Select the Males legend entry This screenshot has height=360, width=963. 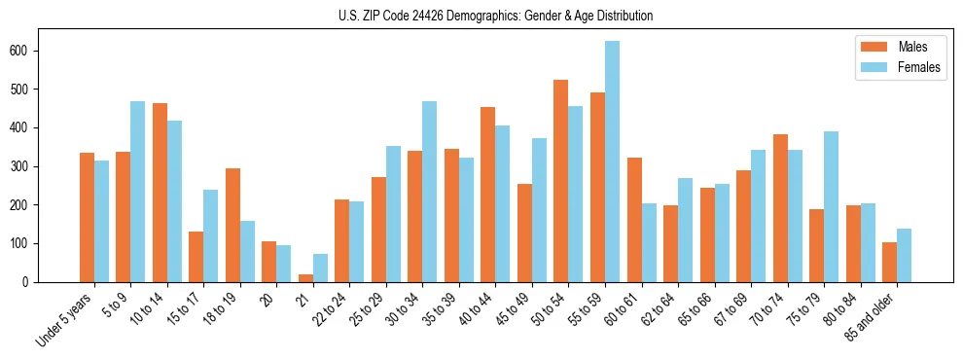point(896,47)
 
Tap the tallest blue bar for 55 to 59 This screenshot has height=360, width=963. point(612,162)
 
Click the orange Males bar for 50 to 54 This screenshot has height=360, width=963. point(560,181)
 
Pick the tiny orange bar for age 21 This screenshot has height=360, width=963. point(305,278)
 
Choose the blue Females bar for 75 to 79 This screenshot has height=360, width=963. point(831,206)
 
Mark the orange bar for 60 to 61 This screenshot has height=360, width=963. point(633,220)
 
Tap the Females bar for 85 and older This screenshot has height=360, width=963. point(904,255)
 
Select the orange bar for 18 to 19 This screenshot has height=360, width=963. point(232,225)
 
